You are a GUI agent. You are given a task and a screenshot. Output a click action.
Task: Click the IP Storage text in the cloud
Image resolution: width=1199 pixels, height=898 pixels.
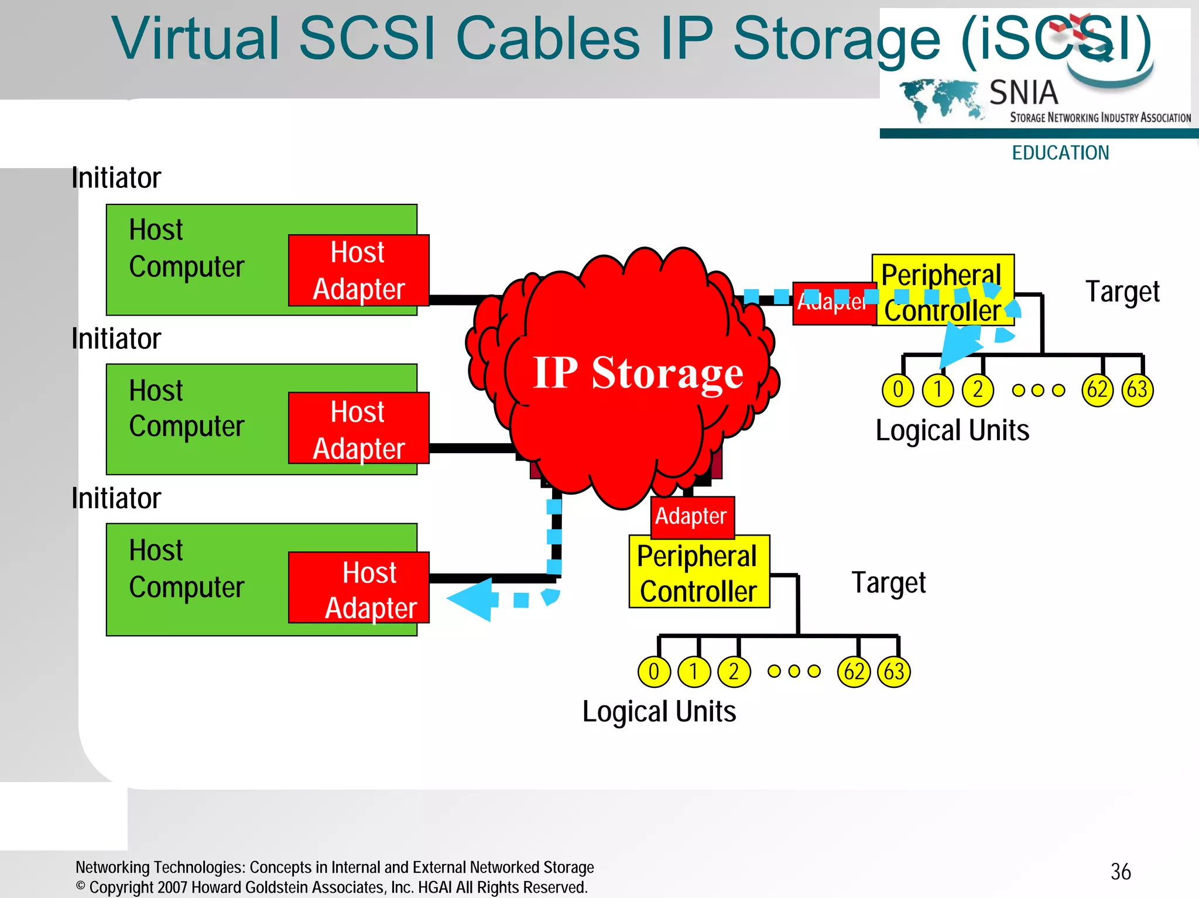coord(638,373)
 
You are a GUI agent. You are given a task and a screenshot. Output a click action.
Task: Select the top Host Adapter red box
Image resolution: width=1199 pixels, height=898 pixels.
coord(358,270)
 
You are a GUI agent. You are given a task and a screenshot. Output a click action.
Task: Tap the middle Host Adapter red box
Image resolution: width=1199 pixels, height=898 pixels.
coord(358,429)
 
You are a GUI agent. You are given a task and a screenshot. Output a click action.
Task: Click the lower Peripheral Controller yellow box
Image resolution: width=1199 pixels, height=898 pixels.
coord(699,573)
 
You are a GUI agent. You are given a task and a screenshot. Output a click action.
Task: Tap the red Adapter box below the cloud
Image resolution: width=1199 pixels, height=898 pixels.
coord(692,517)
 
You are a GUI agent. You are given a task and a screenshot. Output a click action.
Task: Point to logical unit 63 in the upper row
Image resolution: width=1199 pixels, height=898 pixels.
coord(1137,390)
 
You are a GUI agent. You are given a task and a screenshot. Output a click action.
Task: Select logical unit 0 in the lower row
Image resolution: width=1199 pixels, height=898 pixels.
coord(653,671)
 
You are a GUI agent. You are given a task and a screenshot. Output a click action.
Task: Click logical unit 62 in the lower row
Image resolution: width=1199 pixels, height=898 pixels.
coord(854,671)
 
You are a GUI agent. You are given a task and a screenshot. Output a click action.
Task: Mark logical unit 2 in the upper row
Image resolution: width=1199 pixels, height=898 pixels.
coord(978,390)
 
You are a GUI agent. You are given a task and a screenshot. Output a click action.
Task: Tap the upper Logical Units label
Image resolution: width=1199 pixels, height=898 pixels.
coord(952,431)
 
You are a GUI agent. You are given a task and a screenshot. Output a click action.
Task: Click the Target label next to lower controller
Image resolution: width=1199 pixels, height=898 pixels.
coord(888,583)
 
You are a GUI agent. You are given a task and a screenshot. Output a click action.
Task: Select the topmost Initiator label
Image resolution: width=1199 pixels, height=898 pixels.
coord(116,178)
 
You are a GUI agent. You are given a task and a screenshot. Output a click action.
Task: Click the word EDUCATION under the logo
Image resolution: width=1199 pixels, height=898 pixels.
coord(1060,153)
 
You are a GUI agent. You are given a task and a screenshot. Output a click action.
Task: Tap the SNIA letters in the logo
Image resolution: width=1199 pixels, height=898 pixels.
coord(1023,92)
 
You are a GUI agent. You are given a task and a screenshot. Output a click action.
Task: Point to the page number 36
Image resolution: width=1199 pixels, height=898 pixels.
coord(1121,872)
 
